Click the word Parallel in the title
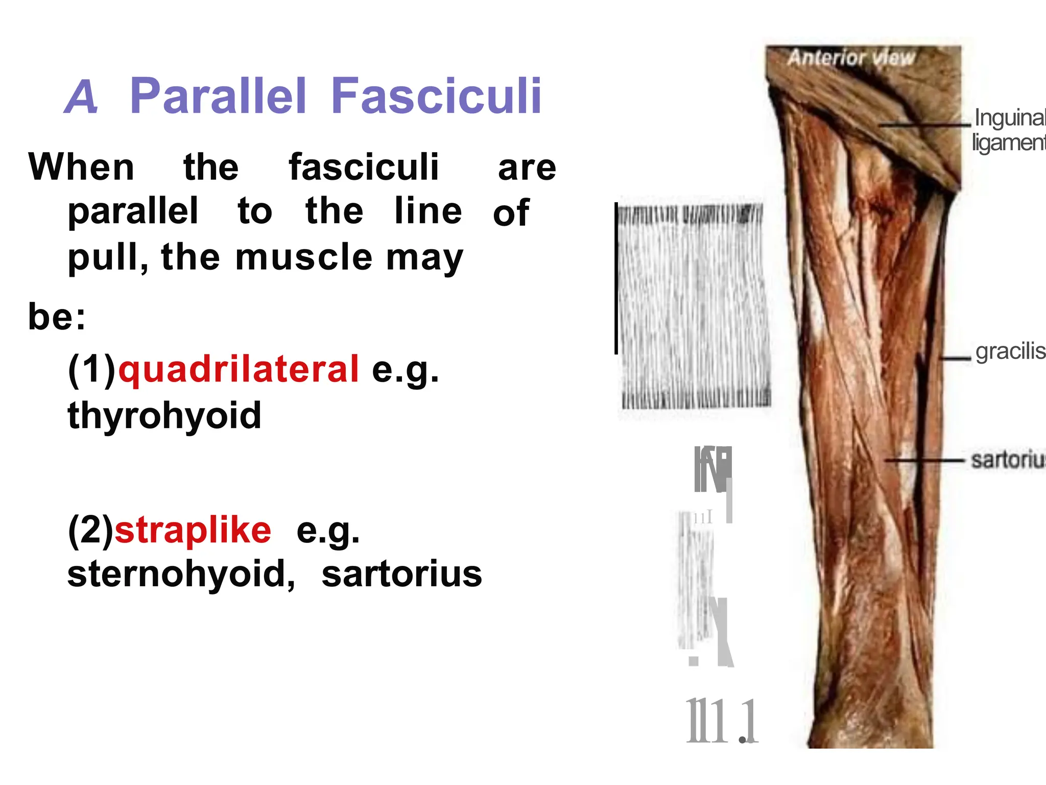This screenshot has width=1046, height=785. click(218, 96)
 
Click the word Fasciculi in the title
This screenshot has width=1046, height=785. click(436, 96)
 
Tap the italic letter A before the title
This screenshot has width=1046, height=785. click(81, 97)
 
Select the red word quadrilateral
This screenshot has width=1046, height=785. click(239, 369)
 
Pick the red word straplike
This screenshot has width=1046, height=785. click(193, 530)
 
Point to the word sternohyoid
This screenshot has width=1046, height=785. click(181, 574)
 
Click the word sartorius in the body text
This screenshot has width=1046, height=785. click(402, 574)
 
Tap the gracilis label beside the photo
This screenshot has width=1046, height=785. click(1009, 352)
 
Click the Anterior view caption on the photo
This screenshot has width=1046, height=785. click(851, 58)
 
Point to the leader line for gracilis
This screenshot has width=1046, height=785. click(955, 359)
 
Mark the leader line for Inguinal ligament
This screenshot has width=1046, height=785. click(924, 125)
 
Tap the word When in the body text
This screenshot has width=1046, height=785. click(82, 167)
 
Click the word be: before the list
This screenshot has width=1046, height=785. click(57, 317)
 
